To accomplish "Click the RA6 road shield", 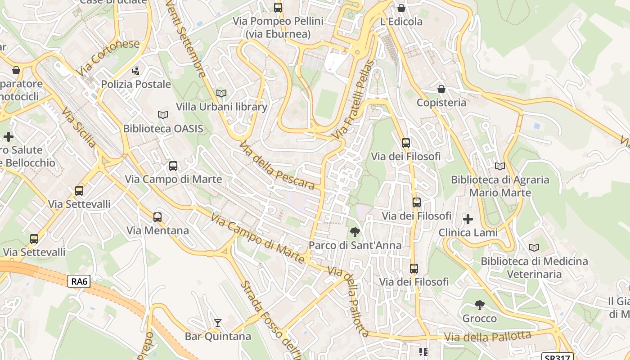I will [79, 282].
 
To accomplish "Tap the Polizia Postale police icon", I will [135, 71].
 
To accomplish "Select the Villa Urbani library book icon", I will [221, 93].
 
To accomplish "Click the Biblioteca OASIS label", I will [163, 129].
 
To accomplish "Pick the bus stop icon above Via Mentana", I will [157, 217].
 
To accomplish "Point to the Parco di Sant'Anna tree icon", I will [355, 232].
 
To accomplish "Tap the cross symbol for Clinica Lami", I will [468, 219].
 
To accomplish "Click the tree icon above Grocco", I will [480, 305].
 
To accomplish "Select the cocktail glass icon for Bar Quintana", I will [218, 323].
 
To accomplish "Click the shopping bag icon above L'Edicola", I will [401, 8].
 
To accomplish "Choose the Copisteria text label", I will [441, 103].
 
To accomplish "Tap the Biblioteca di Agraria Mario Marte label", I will [500, 186].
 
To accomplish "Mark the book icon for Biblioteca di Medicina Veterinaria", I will [534, 247].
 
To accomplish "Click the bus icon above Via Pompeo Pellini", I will [278, 8].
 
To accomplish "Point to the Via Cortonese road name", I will [108, 58].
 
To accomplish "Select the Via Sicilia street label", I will [79, 127].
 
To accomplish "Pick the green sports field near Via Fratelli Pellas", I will [327, 104].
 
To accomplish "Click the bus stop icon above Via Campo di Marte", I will [173, 166].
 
